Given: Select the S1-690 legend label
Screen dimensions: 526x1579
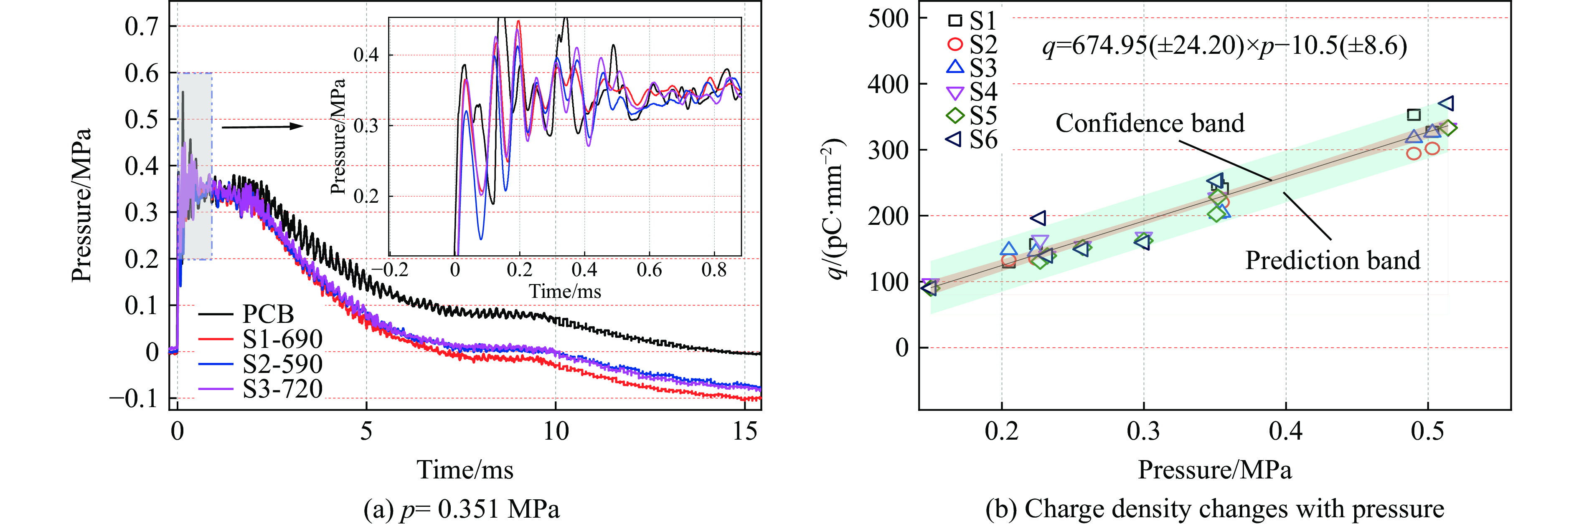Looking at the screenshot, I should (x=282, y=339).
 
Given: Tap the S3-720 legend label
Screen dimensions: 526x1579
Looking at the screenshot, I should (x=282, y=389).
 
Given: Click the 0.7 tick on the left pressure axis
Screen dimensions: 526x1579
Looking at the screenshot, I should (x=142, y=26).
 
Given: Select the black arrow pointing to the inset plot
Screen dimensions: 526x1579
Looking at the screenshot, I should (x=262, y=127).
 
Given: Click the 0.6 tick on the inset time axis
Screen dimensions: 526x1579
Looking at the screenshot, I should (x=649, y=269).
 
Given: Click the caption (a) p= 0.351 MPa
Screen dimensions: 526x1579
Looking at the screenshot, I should (x=461, y=509).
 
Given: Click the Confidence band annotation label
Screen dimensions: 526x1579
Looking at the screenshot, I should (x=1149, y=123).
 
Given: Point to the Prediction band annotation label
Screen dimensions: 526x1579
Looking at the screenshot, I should (x=1332, y=260).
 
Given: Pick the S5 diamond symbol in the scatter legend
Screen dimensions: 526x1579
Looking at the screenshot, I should (x=955, y=115).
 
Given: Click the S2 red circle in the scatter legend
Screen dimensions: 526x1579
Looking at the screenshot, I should (x=955, y=44).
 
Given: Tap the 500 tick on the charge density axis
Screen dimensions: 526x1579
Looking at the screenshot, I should (x=888, y=18).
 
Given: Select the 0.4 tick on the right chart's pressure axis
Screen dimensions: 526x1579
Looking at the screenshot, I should (x=1285, y=432).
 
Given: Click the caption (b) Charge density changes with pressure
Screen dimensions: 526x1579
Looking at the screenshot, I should (x=1214, y=509).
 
